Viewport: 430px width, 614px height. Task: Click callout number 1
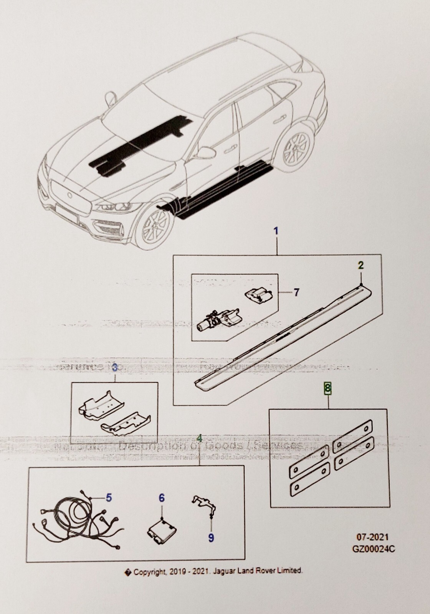276,231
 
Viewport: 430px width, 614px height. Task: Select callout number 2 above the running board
361,265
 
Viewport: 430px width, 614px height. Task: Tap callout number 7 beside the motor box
296,293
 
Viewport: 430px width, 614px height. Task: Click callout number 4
199,438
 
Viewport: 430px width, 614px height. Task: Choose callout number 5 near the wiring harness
109,498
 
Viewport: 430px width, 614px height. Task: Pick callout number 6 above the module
162,498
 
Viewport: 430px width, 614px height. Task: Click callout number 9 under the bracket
211,538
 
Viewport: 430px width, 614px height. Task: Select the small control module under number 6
161,530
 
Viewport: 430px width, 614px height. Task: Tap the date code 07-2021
369,537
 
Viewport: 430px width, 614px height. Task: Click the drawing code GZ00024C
374,549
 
